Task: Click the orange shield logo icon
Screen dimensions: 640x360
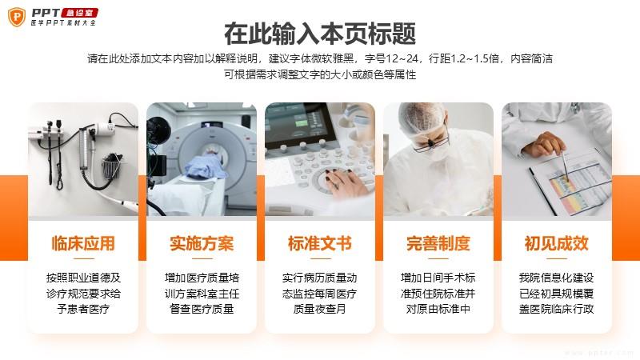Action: pyautogui.click(x=17, y=17)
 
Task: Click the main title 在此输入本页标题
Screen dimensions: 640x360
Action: pyautogui.click(x=320, y=34)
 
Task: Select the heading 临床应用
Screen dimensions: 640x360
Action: pyautogui.click(x=83, y=244)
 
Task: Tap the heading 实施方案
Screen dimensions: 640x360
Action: pyautogui.click(x=202, y=244)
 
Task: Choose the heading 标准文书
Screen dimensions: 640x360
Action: pyautogui.click(x=320, y=244)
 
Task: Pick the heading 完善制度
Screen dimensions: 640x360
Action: pyautogui.click(x=438, y=244)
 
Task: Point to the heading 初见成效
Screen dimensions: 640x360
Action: pyautogui.click(x=557, y=244)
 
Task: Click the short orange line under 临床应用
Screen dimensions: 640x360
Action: pyautogui.click(x=83, y=258)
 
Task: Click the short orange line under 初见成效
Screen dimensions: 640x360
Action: pyautogui.click(x=557, y=258)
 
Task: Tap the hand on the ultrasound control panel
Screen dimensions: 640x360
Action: pyautogui.click(x=346, y=182)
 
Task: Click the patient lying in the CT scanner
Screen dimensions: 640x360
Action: pyautogui.click(x=207, y=166)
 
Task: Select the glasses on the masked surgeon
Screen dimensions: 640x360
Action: pyautogui.click(x=429, y=143)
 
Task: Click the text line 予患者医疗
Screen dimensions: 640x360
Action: pyautogui.click(x=83, y=309)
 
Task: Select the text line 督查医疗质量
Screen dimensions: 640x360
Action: pyautogui.click(x=202, y=309)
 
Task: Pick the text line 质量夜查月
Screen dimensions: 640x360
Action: pyautogui.click(x=320, y=309)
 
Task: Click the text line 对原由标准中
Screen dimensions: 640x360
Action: pyautogui.click(x=438, y=309)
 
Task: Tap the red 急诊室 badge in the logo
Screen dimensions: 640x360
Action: pyautogui.click(x=80, y=13)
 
